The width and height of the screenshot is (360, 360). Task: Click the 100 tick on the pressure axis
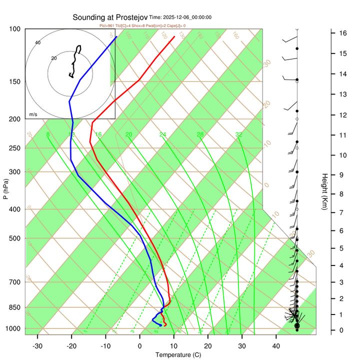coord(15,29)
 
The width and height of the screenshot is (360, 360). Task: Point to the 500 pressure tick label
coord(15,238)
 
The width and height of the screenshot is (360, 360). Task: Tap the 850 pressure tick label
coord(15,307)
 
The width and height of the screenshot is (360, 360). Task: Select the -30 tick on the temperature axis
coord(37,346)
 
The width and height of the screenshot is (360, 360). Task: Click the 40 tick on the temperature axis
coord(276,346)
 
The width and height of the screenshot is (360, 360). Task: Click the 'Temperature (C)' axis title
coord(177,355)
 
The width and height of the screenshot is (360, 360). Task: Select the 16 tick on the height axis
coord(343,33)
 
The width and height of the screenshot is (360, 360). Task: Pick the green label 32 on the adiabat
coord(239,134)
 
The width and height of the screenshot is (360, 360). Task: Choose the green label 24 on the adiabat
coord(162,134)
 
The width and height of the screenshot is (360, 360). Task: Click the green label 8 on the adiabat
coord(48,134)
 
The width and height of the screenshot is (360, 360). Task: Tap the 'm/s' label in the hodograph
coord(33,114)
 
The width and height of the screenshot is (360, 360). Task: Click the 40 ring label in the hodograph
coord(37,42)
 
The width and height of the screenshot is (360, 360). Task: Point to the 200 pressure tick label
coord(15,119)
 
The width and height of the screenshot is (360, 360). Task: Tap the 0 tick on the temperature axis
coord(139,346)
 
